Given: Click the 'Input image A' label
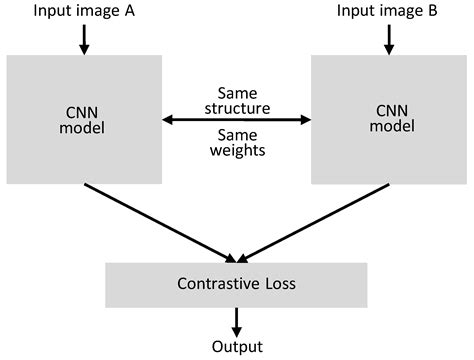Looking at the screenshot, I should (x=83, y=11).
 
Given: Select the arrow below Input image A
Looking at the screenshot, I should (x=84, y=38).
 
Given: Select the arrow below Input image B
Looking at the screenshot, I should (x=389, y=38).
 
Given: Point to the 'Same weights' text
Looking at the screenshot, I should (x=236, y=142).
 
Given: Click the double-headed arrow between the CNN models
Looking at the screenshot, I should (x=236, y=120).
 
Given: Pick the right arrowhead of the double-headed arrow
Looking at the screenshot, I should (x=305, y=120).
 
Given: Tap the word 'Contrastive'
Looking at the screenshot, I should (x=214, y=285).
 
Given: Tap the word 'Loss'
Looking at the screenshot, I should (x=279, y=285).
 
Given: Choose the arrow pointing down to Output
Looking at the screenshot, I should (x=237, y=320).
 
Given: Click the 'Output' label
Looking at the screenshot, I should (x=237, y=347).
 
